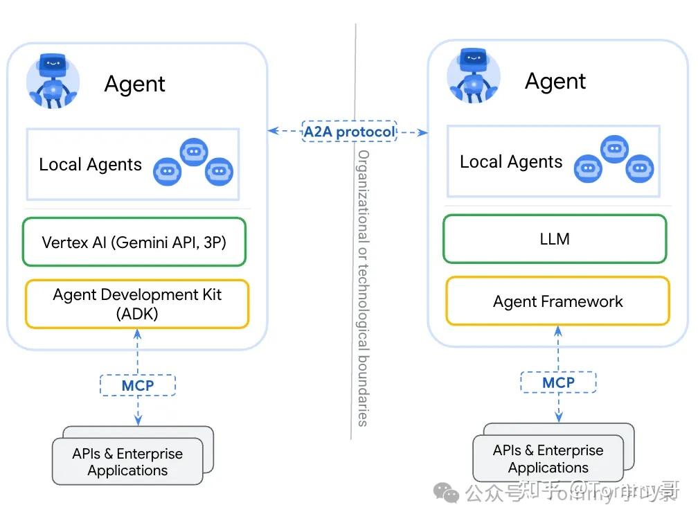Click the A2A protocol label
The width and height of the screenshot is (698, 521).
point(349,131)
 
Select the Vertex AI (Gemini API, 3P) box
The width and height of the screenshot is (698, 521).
point(134,242)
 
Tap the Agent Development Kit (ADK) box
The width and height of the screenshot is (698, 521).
point(137,303)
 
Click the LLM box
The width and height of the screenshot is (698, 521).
point(555,239)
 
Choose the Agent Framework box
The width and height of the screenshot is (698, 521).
point(557,301)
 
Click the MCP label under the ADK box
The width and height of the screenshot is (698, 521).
point(138,385)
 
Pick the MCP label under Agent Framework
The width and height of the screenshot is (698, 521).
point(558,382)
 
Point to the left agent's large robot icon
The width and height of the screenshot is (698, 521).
point(53,80)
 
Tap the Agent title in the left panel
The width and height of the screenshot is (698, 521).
point(134,85)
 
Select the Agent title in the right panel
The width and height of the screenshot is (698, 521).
point(555,82)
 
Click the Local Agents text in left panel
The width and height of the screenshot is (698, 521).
point(90,165)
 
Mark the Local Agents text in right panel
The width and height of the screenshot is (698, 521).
point(511,162)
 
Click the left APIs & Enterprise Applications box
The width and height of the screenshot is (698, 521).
point(128,462)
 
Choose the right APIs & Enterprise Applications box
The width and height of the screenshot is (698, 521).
point(548,459)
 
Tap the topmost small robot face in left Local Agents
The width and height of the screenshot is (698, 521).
point(193,152)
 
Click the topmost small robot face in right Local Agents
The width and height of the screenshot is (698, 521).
point(614,149)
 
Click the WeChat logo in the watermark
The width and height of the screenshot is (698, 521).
point(446,493)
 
